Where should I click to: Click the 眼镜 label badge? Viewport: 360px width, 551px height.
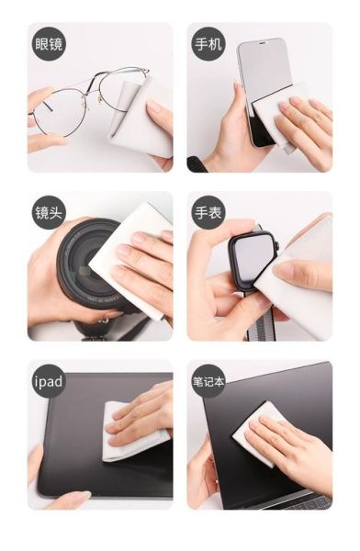click(x=49, y=44)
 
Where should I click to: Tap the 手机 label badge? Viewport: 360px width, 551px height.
click(x=208, y=44)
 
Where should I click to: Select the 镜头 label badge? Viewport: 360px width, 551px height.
click(x=49, y=212)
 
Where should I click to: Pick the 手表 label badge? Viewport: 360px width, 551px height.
click(x=208, y=212)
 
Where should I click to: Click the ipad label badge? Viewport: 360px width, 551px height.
click(x=49, y=381)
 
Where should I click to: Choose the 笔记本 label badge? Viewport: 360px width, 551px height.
click(x=208, y=381)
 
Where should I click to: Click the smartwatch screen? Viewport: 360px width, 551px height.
click(x=253, y=256)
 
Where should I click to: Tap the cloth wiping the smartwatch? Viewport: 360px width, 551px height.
click(x=298, y=277)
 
